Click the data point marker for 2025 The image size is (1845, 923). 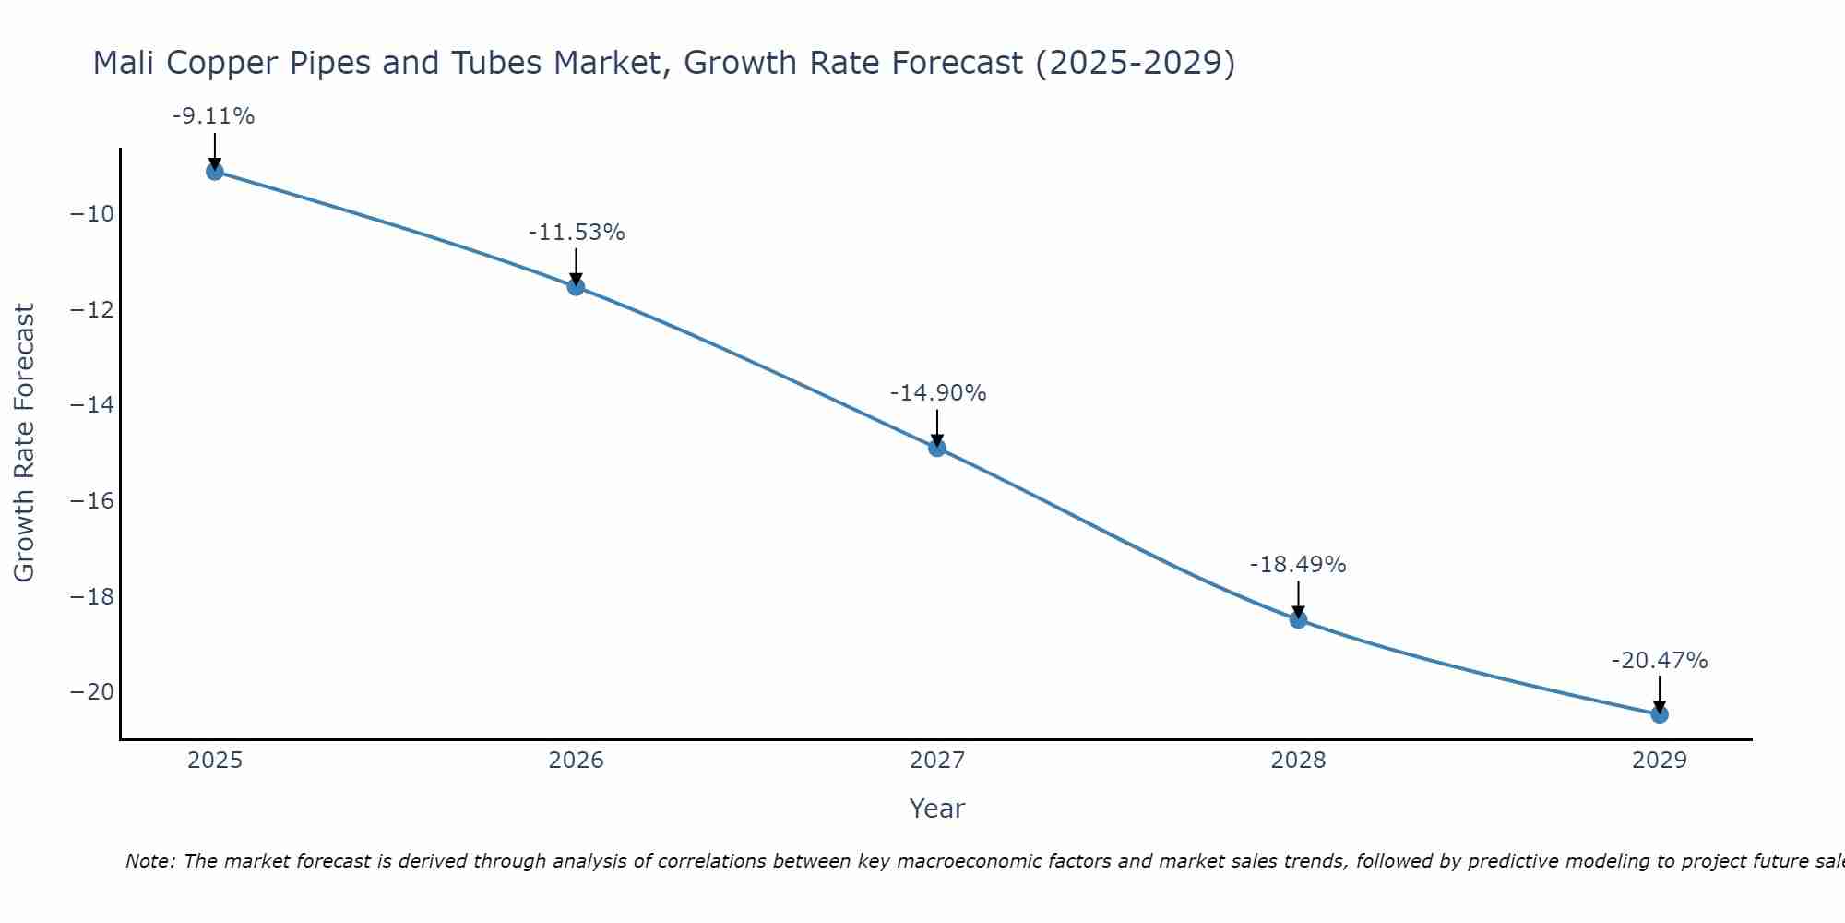pos(215,171)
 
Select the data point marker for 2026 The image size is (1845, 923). pos(576,286)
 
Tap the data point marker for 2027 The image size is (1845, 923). pos(937,448)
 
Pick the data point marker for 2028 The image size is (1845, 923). pos(1298,619)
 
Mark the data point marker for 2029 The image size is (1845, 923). pos(1660,713)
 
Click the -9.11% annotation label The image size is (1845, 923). pos(213,116)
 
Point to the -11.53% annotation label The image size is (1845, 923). pos(577,233)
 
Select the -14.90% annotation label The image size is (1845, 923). pos(937,393)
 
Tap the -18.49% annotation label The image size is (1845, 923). pos(1298,565)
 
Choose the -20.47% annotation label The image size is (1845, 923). pos(1660,661)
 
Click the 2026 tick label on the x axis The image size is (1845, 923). pos(576,761)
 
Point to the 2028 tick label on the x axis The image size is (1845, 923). pos(1298,761)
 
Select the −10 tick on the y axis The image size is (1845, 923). pos(91,214)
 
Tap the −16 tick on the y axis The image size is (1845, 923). pos(91,501)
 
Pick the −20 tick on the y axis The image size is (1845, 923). pos(91,692)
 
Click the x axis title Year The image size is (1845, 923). pos(937,809)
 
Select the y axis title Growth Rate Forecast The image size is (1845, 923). pos(25,443)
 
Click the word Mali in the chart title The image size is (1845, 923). pos(125,63)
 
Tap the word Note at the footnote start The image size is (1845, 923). pos(149,861)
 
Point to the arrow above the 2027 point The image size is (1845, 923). pos(937,426)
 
